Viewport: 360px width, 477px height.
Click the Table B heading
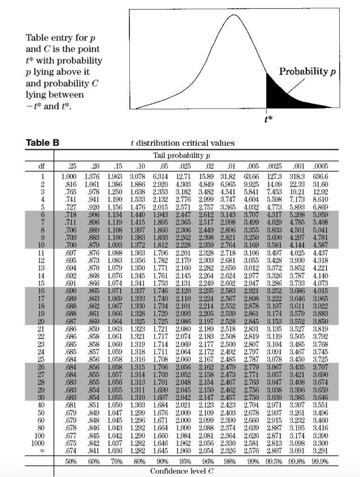click(42, 143)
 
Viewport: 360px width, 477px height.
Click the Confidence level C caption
click(181, 470)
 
